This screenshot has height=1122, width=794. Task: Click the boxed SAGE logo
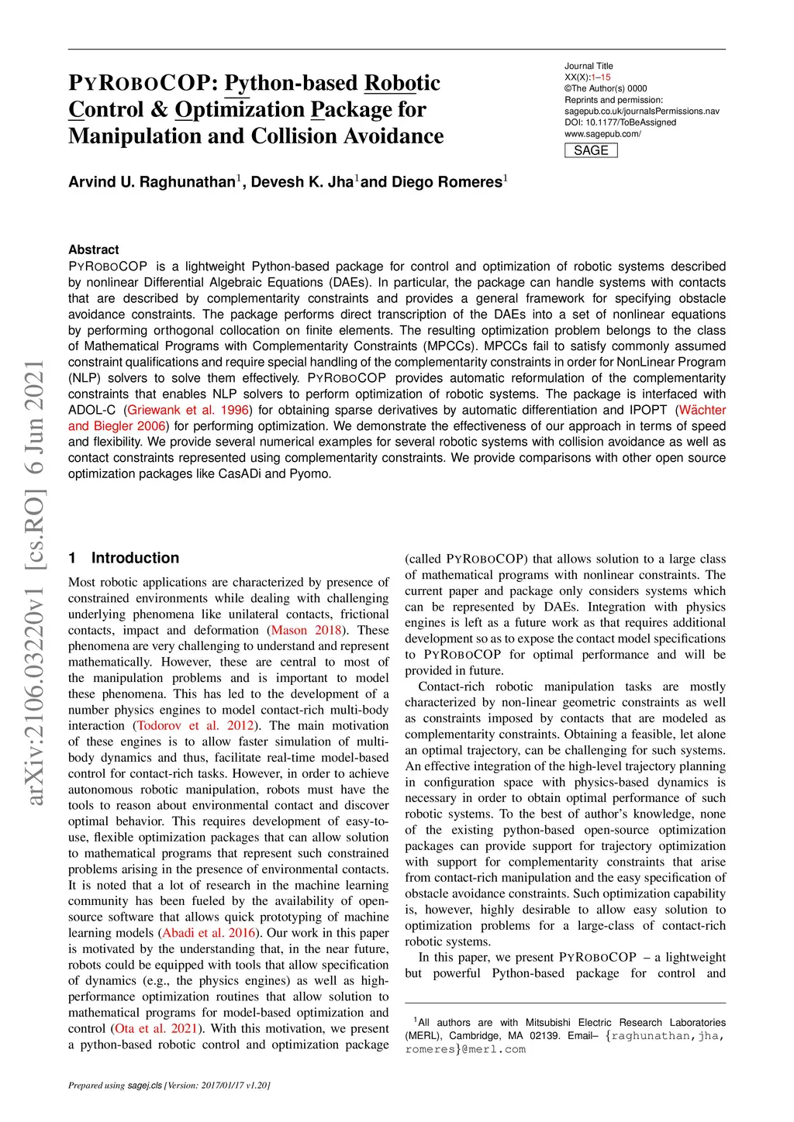591,150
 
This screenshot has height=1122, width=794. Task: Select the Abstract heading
94,250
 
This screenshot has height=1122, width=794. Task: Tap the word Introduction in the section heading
135,558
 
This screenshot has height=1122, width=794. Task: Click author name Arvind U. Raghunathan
151,182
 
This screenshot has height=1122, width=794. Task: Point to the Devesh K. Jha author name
302,182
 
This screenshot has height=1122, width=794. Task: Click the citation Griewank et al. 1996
188,410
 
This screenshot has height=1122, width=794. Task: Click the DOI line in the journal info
620,122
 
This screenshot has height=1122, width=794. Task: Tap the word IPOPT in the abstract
647,410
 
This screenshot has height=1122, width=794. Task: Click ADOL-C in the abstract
91,410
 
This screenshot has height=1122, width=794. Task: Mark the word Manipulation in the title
135,136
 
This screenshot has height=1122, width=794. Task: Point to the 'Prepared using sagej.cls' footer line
169,1085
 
